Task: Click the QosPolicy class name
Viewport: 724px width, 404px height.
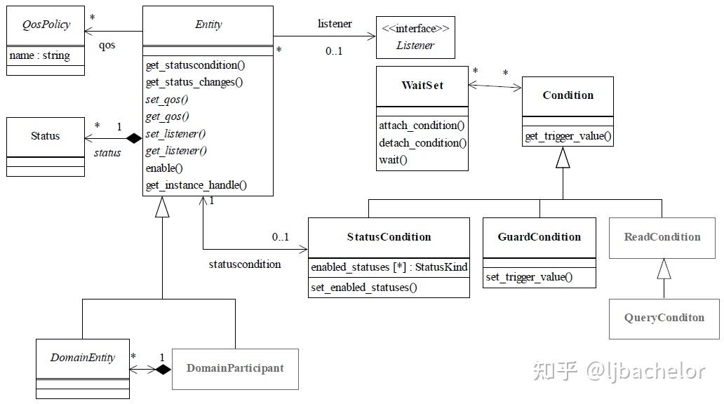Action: [46, 25]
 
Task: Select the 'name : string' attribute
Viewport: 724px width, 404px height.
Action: [40, 55]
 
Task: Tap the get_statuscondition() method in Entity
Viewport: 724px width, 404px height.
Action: [195, 65]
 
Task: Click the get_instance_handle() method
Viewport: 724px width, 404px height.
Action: [196, 185]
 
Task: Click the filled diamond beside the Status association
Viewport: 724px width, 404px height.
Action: [134, 138]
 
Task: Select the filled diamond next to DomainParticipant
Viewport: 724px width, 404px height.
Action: [163, 370]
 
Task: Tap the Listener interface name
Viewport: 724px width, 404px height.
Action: [415, 46]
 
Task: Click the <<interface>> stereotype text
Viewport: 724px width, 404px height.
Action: [415, 29]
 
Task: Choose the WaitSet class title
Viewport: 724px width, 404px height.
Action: [422, 86]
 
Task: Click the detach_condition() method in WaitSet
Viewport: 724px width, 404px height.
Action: [422, 143]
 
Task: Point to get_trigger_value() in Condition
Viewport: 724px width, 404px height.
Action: [568, 136]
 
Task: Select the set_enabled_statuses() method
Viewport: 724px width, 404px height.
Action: [364, 288]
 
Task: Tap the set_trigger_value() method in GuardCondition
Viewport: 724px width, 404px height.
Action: [529, 277]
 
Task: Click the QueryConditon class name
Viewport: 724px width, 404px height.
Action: [664, 318]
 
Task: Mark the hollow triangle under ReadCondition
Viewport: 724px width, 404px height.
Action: [664, 269]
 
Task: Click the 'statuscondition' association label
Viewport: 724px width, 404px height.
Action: [245, 264]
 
